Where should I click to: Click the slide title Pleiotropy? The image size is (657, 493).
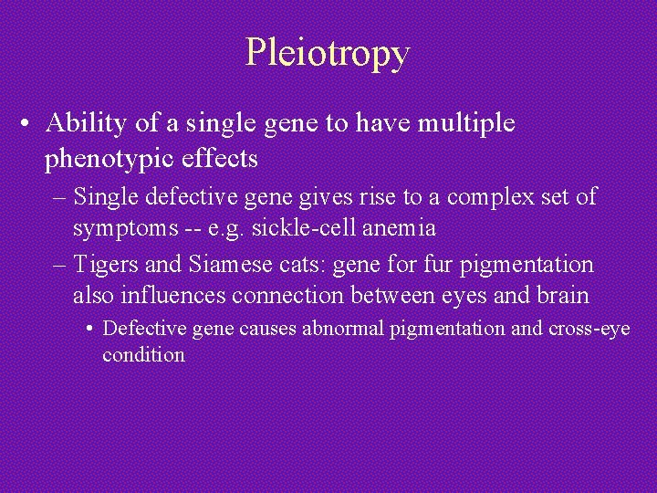tap(328, 53)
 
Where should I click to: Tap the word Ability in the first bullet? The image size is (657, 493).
tap(82, 122)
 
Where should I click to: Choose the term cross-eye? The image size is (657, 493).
tap(589, 329)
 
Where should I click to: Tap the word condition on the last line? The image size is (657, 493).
tap(143, 354)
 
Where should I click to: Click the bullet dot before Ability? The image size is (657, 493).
tap(30, 124)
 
